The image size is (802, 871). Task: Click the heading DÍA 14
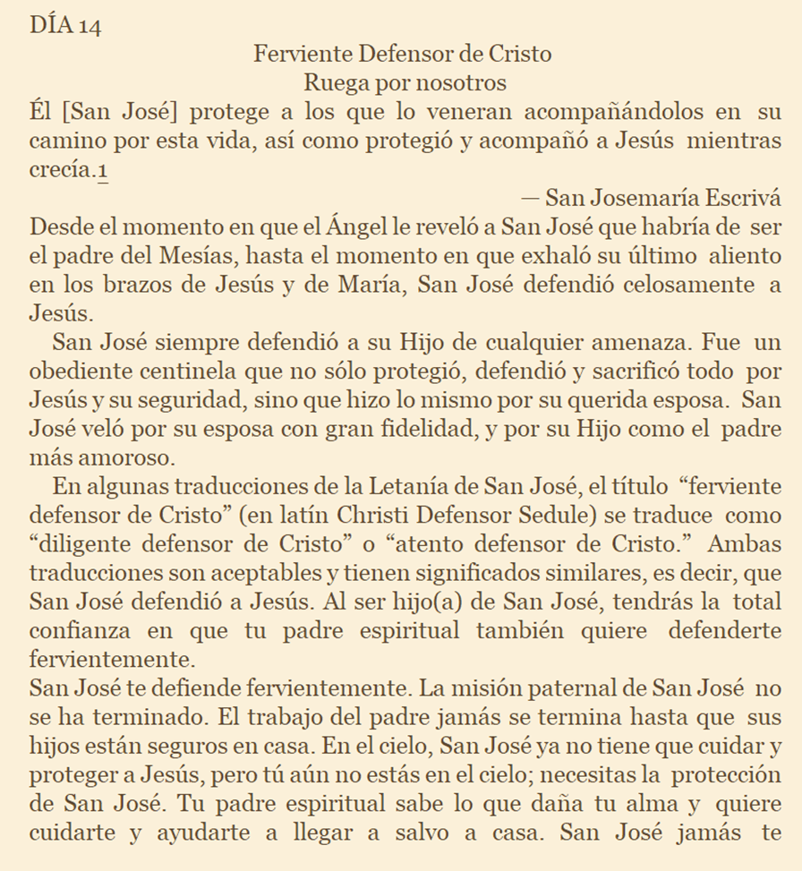click(64, 25)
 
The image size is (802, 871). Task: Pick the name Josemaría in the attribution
click(648, 199)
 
